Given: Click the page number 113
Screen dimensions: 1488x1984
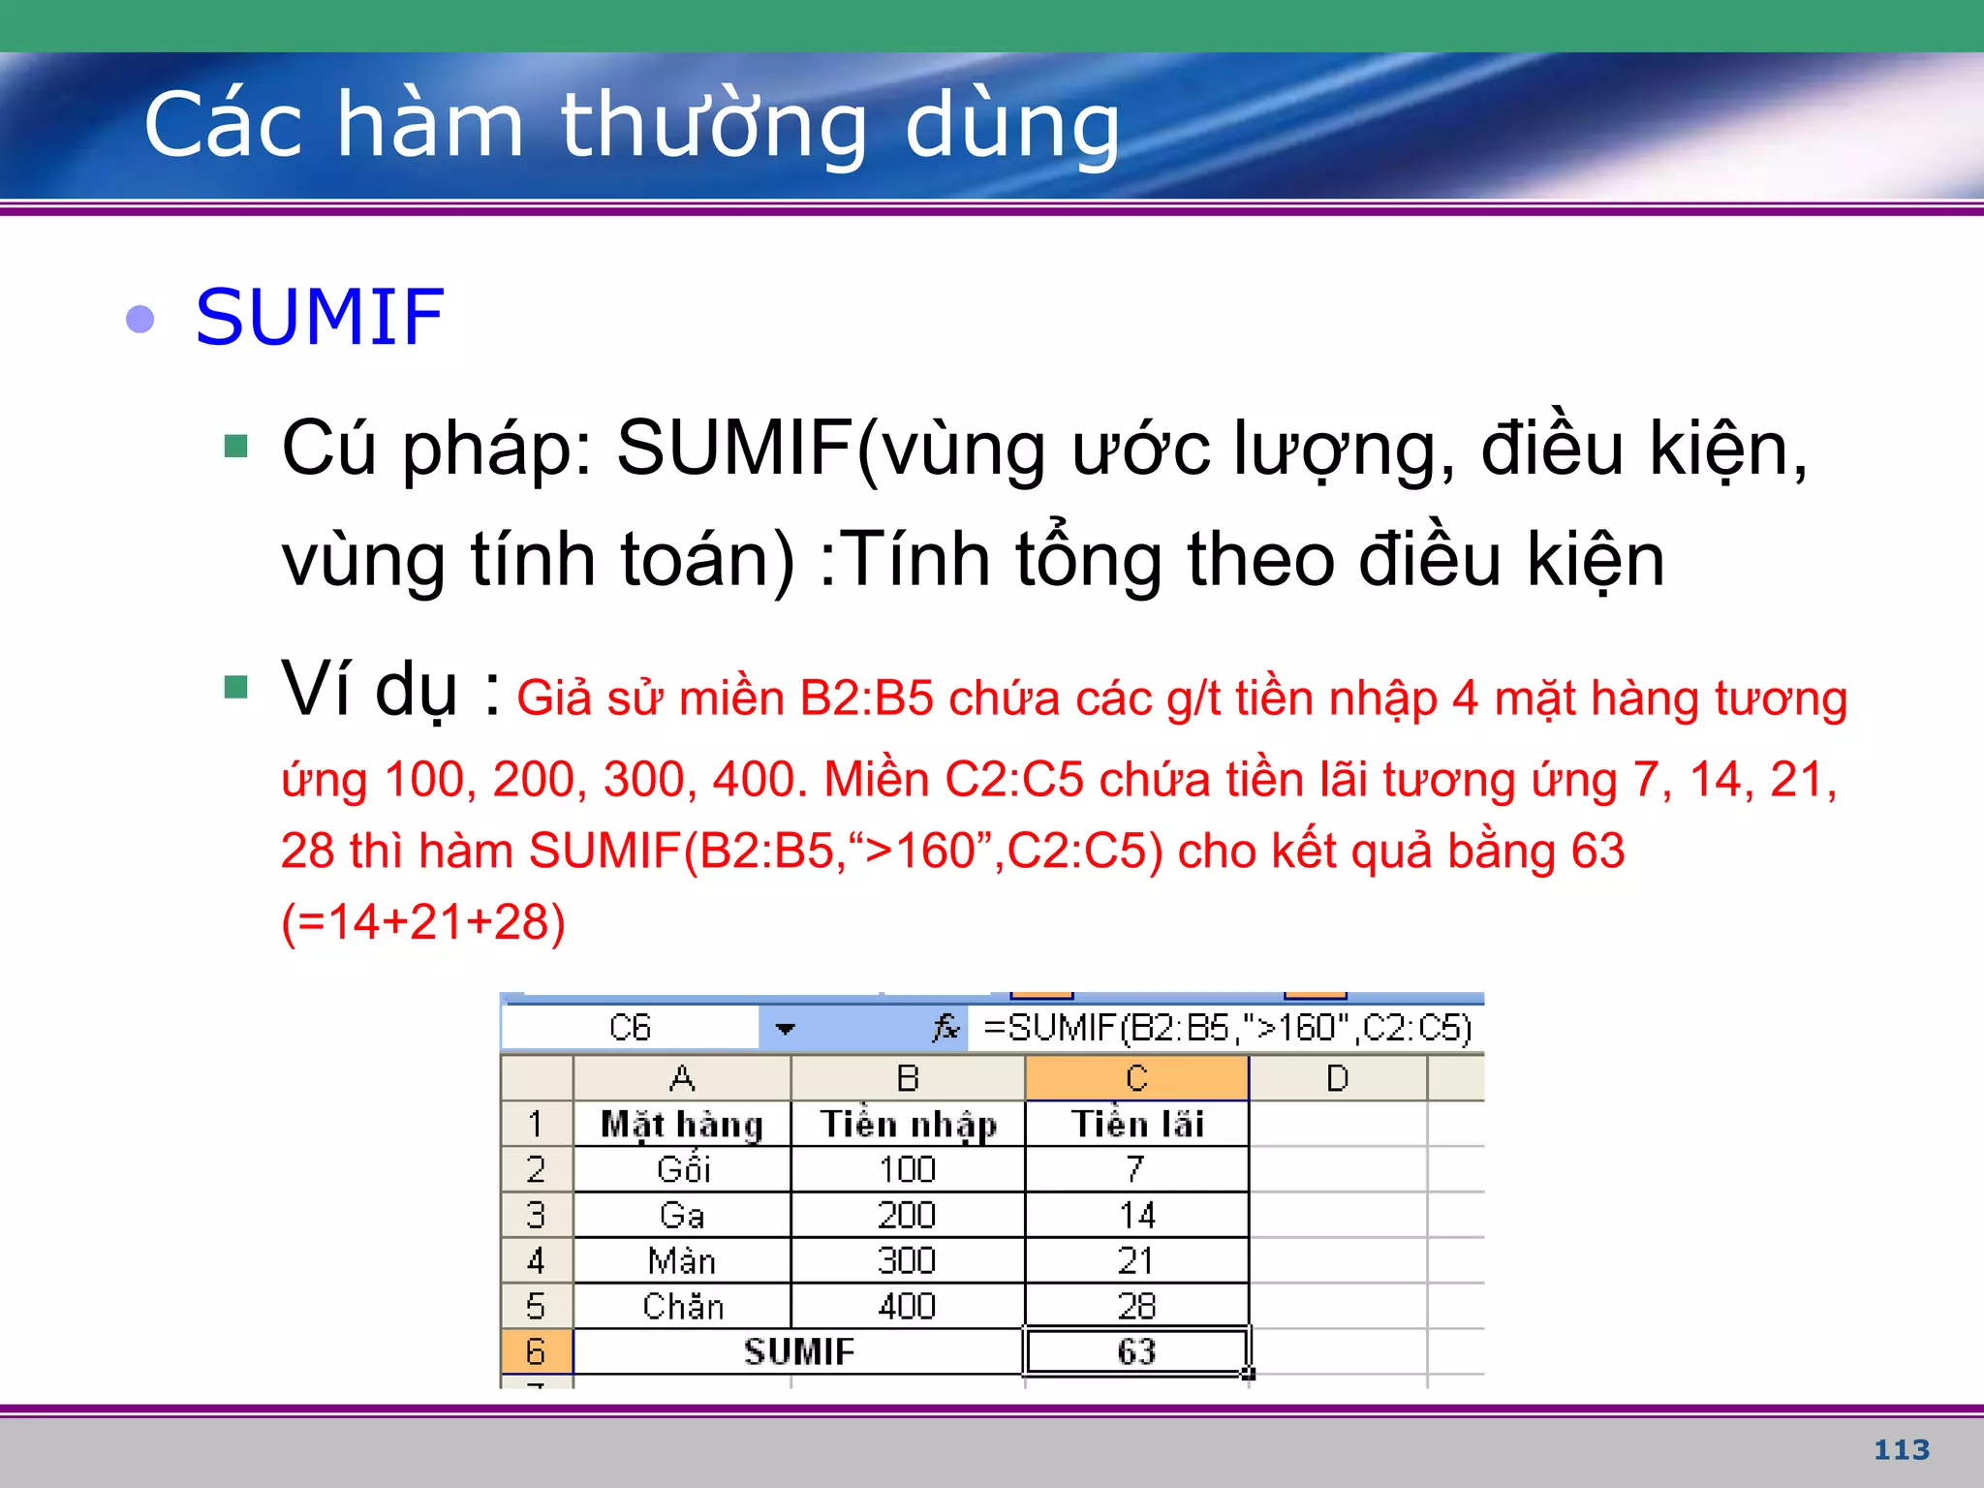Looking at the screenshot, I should [x=1901, y=1449].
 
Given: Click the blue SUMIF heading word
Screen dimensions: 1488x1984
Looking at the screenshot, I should [x=320, y=318].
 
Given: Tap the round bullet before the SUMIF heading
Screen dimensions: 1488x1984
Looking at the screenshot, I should [x=140, y=319].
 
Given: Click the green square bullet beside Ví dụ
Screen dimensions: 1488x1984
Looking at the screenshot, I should [x=235, y=687].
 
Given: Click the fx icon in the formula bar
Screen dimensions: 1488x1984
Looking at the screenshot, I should [x=945, y=1027].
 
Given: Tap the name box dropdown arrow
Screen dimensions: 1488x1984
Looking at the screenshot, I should [x=785, y=1028].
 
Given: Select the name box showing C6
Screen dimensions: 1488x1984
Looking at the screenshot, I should [x=630, y=1028].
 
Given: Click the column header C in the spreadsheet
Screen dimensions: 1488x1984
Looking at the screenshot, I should [x=1136, y=1078].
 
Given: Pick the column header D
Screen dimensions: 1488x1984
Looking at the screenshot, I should [x=1337, y=1078].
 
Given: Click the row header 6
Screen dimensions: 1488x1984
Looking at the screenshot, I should [x=536, y=1351].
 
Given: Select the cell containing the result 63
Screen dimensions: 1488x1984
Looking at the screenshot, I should [x=1136, y=1351].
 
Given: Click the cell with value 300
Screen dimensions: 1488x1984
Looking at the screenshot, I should [x=907, y=1260].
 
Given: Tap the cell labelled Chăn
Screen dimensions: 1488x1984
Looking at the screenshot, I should [x=682, y=1306].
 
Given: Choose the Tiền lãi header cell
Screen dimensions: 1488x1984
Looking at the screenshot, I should [x=1136, y=1124].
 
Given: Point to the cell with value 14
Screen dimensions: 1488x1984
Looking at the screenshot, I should [x=1136, y=1215].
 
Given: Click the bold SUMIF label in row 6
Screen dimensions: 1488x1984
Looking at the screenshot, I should [x=798, y=1351].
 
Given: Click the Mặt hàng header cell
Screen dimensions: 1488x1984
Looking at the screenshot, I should [x=682, y=1124].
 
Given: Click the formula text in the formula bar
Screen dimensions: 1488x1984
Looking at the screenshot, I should [x=1226, y=1028].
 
